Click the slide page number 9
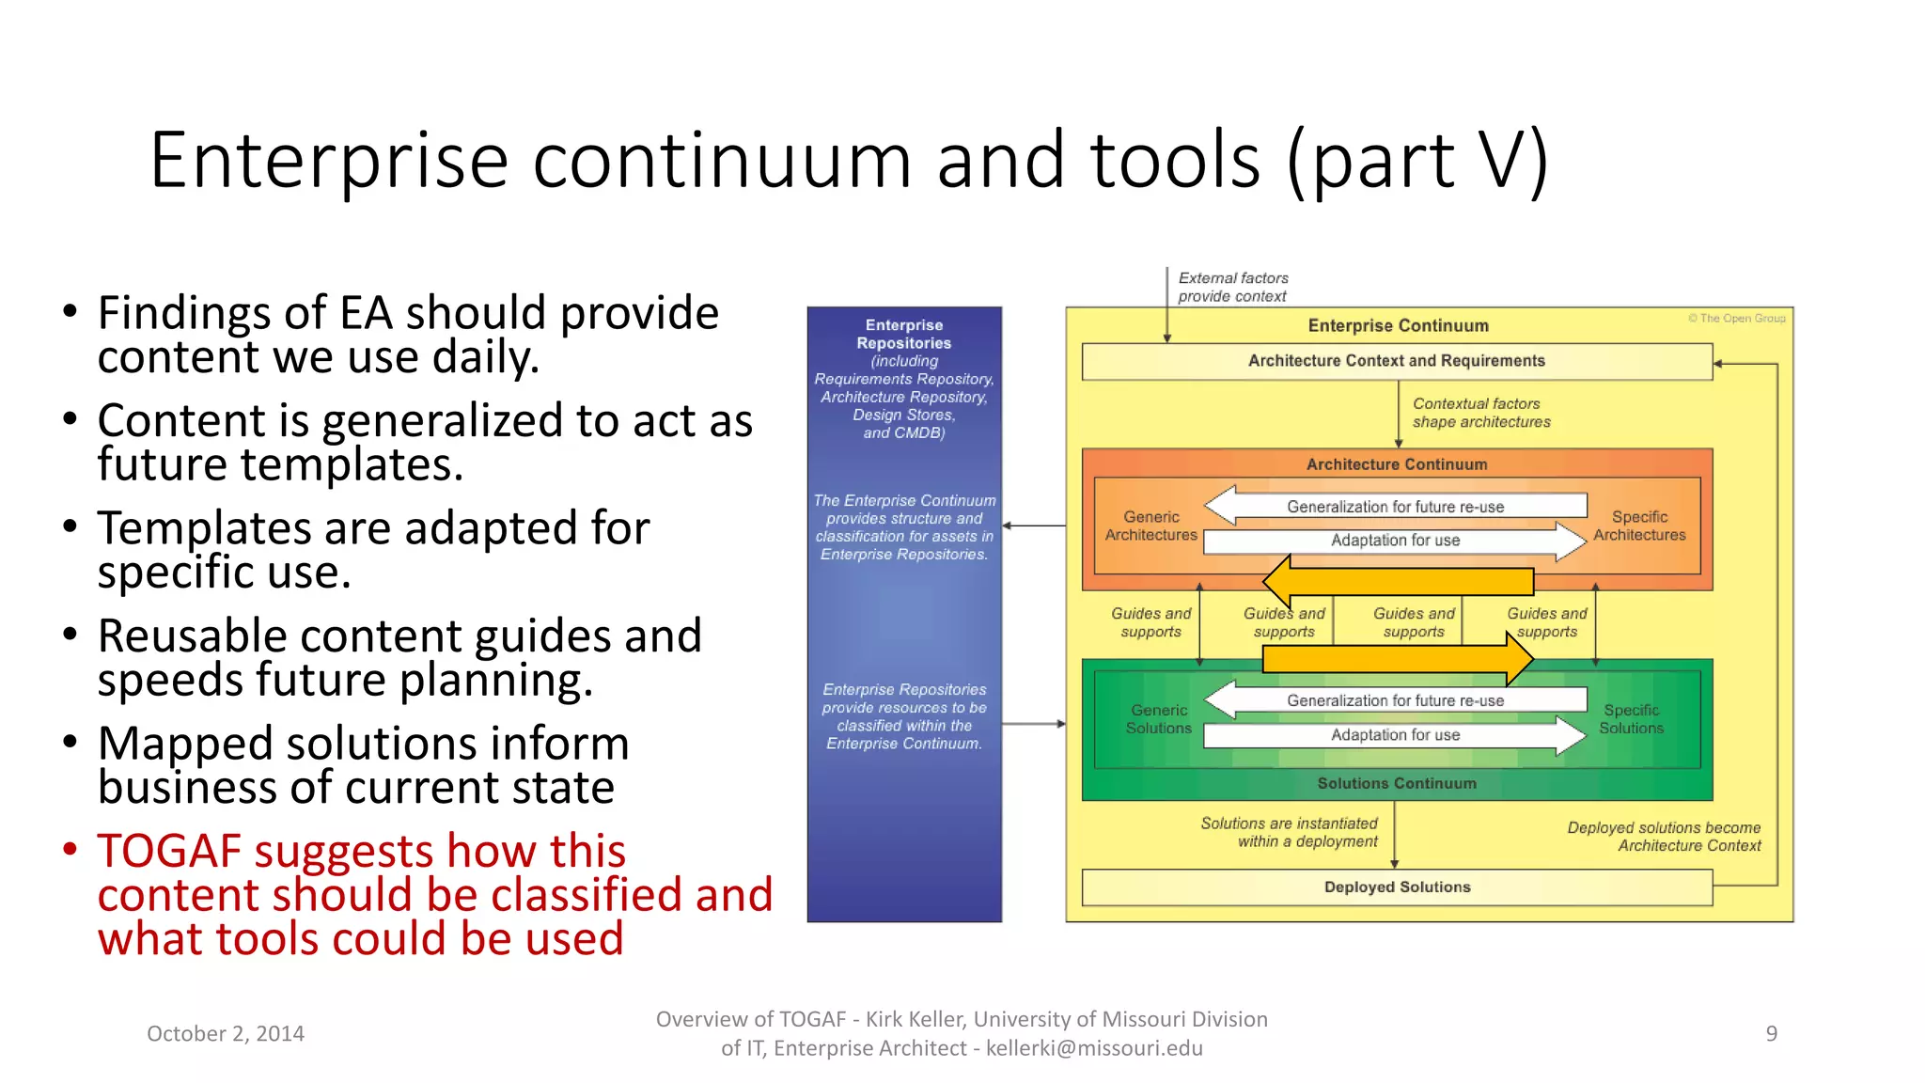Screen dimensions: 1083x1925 click(1771, 1033)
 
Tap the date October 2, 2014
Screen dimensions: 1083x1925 click(226, 1033)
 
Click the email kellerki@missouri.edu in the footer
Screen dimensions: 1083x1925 click(1094, 1048)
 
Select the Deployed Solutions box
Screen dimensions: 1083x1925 click(1397, 887)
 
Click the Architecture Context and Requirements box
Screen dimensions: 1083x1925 click(1396, 361)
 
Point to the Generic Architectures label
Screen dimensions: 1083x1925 click(1150, 526)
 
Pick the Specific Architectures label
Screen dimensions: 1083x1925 click(1639, 526)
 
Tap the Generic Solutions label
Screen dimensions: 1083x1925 click(1158, 719)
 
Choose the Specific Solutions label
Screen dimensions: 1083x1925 click(1631, 719)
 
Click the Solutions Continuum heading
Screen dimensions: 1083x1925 click(1397, 783)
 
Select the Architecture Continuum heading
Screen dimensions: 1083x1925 click(1397, 464)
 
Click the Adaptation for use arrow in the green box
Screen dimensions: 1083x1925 click(1395, 735)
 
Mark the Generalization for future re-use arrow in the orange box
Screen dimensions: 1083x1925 click(1395, 507)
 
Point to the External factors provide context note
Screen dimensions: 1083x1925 click(1232, 287)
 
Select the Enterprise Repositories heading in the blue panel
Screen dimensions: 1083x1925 click(903, 334)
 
